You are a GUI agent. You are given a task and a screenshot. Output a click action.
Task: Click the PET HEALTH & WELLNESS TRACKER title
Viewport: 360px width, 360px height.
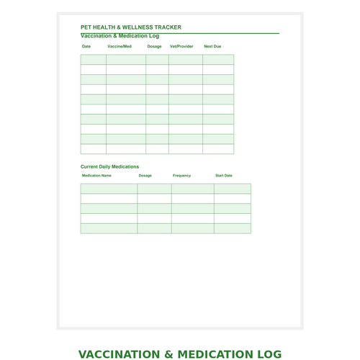click(131, 27)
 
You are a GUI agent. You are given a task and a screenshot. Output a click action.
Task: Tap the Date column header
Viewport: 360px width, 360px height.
click(86, 46)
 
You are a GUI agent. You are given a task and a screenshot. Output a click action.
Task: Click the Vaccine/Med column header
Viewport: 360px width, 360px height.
click(120, 46)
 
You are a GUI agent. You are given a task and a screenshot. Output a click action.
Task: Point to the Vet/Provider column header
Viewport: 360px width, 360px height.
click(181, 46)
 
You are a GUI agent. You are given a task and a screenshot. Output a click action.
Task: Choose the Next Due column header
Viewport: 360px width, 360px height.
click(212, 46)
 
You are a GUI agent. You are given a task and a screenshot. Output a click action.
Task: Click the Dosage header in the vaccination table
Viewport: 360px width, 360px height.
click(154, 46)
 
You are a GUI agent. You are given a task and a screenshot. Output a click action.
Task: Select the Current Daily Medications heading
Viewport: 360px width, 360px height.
click(109, 166)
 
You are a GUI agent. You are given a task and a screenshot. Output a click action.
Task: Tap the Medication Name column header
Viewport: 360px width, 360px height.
click(96, 175)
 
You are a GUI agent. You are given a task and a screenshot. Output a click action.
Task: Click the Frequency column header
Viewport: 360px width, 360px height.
click(182, 175)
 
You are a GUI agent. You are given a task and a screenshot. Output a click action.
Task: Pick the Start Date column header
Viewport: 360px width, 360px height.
click(224, 175)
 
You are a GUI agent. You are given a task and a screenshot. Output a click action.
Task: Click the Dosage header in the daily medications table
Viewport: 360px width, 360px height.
click(145, 175)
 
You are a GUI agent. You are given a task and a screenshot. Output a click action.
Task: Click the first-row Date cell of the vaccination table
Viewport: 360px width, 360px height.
click(93, 60)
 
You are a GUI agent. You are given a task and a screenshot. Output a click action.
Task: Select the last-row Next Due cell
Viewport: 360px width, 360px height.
click(218, 149)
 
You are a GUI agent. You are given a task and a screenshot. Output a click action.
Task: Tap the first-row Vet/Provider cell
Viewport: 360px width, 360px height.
click(186, 60)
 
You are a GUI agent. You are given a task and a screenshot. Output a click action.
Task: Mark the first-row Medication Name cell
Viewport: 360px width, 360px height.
click(109, 189)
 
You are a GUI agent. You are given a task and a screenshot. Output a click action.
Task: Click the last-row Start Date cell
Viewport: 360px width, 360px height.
click(233, 228)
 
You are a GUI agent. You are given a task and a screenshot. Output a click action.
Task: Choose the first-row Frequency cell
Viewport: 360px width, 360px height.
click(192, 189)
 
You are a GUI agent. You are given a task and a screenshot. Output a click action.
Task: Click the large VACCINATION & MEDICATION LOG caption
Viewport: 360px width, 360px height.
click(180, 354)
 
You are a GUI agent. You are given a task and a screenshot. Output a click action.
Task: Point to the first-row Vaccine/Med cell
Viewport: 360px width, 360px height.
click(126, 60)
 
